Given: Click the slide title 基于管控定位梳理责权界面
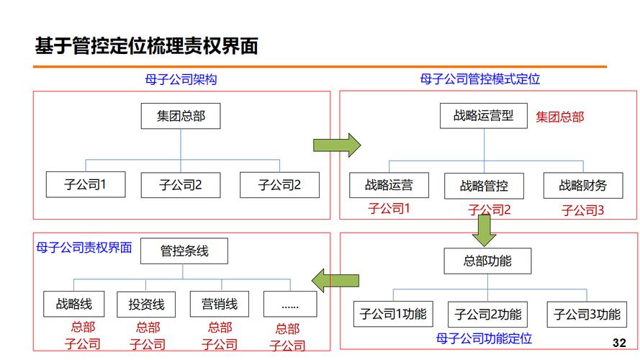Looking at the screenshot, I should point(146,46).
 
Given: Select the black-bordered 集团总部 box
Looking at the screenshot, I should point(180,116).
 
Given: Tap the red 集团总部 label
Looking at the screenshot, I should point(559,117).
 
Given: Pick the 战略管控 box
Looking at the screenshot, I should point(484,186).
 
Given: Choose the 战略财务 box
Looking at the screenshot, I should point(582,185).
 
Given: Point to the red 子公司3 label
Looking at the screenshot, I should point(582,210).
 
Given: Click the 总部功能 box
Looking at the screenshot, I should point(487,261).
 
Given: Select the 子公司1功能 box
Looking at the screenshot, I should point(393,315).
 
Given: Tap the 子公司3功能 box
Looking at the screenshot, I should point(587,315).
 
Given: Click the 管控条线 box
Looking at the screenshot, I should point(184,251).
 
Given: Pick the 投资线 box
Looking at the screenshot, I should point(146,305).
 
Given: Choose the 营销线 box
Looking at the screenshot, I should point(219,304).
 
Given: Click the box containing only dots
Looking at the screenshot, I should point(289,305).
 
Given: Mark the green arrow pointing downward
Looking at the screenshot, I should point(484,230).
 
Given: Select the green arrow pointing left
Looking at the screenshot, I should point(335,280).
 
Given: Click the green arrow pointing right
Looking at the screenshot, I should point(336,144).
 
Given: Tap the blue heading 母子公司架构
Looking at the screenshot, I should point(181,79).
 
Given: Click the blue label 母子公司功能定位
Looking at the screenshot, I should point(483,338).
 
